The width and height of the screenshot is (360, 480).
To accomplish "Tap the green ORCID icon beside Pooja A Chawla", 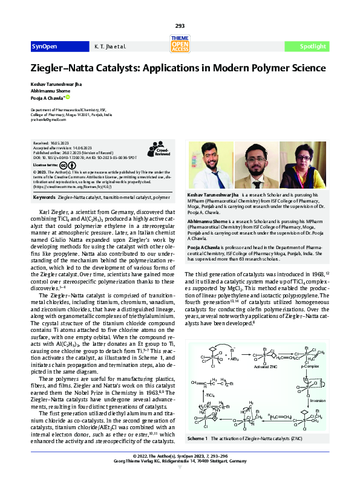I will pyautogui.click(x=68, y=97).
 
